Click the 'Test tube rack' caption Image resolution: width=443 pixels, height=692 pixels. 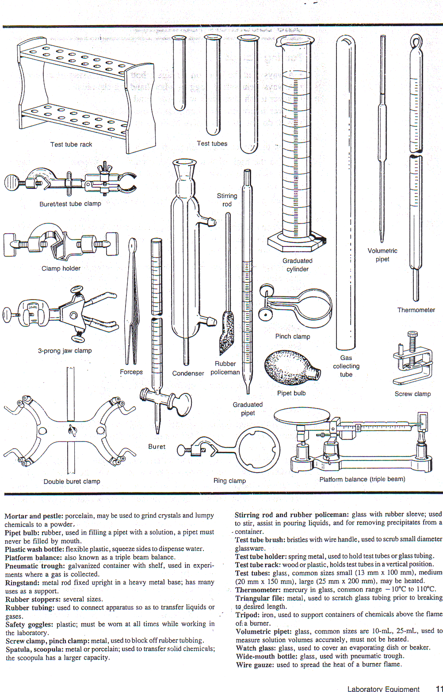tap(71, 144)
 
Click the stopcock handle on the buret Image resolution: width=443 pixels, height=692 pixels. tap(180, 404)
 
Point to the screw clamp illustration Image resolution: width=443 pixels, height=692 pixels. tap(412, 361)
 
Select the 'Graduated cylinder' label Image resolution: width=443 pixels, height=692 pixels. tap(298, 265)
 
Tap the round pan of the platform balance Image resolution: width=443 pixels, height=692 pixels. tap(302, 415)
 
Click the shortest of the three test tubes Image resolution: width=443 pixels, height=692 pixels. tap(179, 73)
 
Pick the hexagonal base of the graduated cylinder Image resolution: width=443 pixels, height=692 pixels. tap(297, 242)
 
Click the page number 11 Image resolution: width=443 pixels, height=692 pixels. tap(439, 688)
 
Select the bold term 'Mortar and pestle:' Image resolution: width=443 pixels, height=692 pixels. tap(34, 516)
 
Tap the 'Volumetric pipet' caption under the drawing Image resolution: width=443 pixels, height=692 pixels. tap(382, 255)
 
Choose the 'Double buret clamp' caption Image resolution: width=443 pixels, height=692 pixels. tap(72, 481)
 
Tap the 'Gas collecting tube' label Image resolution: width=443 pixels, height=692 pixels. tap(346, 366)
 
